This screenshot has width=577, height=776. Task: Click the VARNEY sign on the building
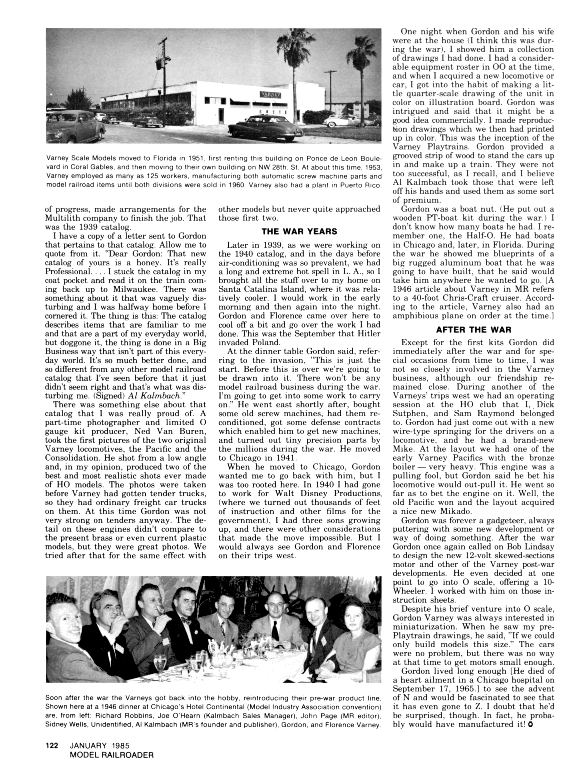pyautogui.click(x=270, y=94)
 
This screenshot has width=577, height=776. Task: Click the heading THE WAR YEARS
pyautogui.click(x=299, y=232)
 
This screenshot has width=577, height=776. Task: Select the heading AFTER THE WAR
pyautogui.click(x=473, y=330)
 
